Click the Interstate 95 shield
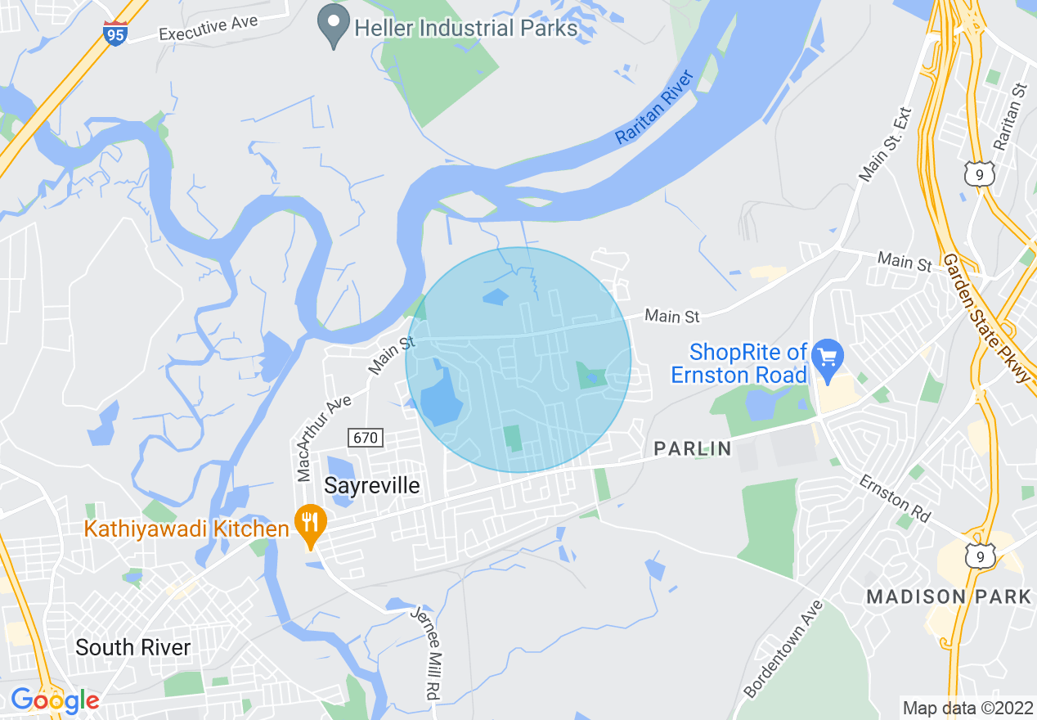pos(115,34)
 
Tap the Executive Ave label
pos(209,28)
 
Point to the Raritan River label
pos(654,108)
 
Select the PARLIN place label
pos(693,448)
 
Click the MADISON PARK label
pos(949,596)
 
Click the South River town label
pos(132,647)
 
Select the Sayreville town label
pos(372,485)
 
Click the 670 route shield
pos(365,438)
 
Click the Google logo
pos(55,700)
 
